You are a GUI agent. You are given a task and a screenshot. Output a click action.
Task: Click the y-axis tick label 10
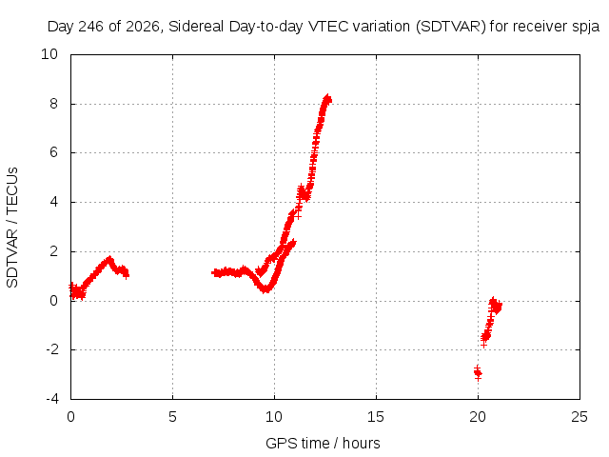point(49,54)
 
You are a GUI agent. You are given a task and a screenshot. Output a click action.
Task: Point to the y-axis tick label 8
point(53,104)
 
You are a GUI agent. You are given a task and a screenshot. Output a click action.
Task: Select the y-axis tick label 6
point(53,152)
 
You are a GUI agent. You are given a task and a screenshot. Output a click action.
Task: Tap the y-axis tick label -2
point(51,349)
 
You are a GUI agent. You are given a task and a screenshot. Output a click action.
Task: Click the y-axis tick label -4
point(51,399)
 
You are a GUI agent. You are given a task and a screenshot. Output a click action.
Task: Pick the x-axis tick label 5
point(172,417)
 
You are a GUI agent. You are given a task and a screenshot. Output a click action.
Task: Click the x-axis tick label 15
point(376,417)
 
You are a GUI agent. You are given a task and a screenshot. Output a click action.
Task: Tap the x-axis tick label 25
point(580,417)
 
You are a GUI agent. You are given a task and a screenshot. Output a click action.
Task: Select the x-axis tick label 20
point(478,417)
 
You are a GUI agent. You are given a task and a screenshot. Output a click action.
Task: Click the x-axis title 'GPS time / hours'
point(323,444)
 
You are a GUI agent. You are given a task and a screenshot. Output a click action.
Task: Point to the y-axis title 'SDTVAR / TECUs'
point(12,228)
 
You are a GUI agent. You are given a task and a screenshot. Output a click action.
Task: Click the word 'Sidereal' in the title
point(196,27)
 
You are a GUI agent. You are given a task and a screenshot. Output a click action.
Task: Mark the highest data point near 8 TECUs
point(327,98)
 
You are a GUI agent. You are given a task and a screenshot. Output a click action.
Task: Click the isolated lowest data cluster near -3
point(478,373)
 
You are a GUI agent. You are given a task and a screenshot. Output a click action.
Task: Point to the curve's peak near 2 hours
point(109,259)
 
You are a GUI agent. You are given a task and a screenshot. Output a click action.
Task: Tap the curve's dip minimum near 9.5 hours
point(265,289)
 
